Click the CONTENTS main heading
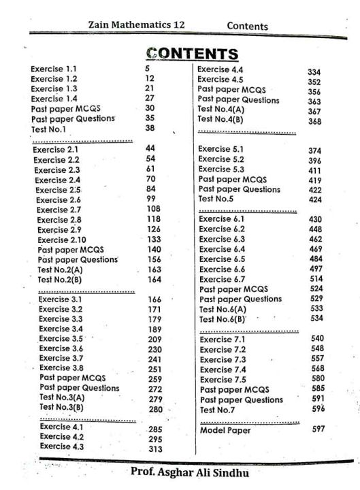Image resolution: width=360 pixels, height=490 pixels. pos(192,54)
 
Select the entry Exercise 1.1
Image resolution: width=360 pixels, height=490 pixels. pos(54,69)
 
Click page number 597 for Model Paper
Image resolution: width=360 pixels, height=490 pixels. pos(317,429)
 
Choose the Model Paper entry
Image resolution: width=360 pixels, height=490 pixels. pos(225,430)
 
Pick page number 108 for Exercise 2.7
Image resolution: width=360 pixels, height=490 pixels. pos(154,209)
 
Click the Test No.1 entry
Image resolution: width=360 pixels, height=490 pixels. pos(48,129)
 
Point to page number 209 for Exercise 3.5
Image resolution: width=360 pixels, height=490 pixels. pos(155,338)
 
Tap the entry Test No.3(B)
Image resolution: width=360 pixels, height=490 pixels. pos(61,407)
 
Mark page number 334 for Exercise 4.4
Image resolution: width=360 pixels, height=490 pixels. pos(314,71)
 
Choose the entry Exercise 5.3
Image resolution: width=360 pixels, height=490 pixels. pos(222,169)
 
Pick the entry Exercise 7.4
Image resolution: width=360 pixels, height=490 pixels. pos(223,370)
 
